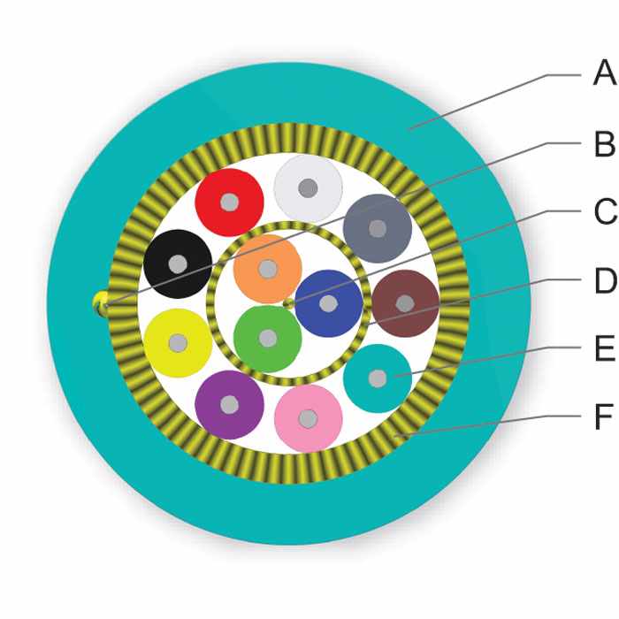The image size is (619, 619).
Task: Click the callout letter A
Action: [604, 73]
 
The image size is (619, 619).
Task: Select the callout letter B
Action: [604, 144]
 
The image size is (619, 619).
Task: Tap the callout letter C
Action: [605, 211]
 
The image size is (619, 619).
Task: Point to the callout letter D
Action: [605, 280]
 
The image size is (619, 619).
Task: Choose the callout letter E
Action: [604, 348]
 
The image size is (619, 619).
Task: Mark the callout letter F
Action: [604, 416]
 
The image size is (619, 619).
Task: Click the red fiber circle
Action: [229, 203]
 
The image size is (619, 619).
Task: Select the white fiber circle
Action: [309, 187]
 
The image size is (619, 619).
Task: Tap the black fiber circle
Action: [178, 264]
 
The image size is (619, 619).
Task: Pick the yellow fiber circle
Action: [178, 343]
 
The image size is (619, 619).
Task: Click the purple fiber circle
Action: [229, 405]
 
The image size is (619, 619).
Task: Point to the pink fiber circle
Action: [309, 419]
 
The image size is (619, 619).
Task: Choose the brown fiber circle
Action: [405, 303]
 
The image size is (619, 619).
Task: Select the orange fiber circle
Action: [268, 269]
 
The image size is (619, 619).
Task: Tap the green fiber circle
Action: [268, 339]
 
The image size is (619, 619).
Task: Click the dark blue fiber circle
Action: [328, 303]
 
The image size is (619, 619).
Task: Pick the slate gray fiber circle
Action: [378, 228]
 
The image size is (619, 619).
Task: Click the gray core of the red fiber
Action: [229, 203]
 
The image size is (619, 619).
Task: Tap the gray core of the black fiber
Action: [178, 264]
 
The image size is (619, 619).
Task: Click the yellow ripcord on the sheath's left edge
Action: [100, 304]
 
